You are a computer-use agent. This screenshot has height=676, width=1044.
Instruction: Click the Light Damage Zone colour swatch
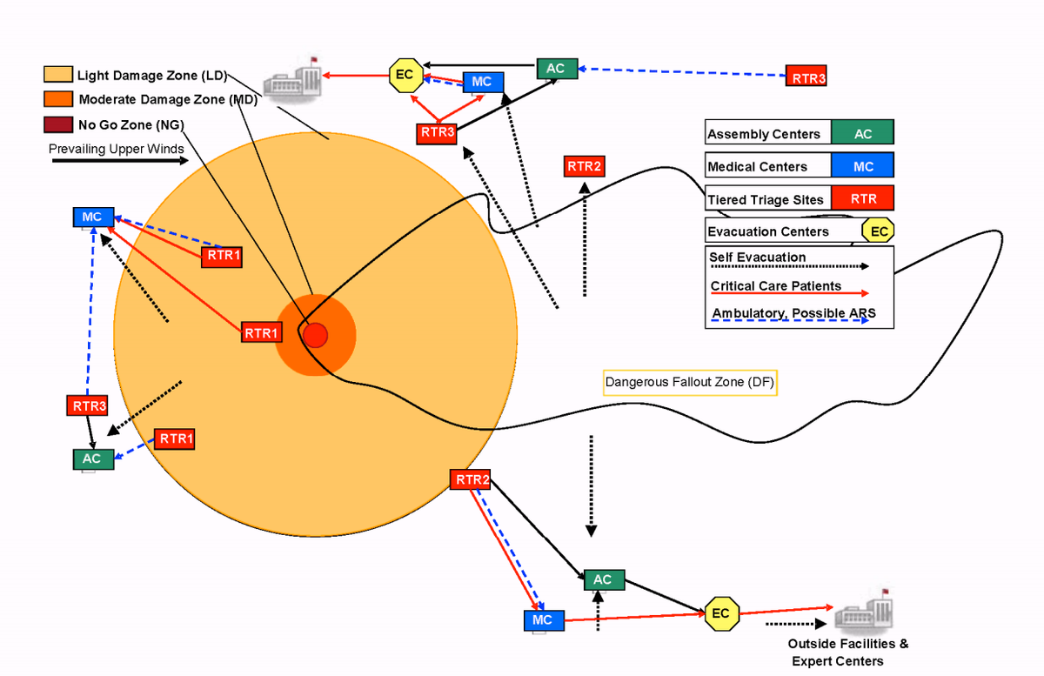click(58, 75)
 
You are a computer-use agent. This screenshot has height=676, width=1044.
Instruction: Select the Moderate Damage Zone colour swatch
click(58, 99)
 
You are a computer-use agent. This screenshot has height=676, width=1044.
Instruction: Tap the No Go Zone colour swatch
click(58, 124)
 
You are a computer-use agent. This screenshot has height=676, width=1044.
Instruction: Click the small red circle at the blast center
click(315, 334)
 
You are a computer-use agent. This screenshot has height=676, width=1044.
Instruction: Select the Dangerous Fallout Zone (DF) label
click(690, 383)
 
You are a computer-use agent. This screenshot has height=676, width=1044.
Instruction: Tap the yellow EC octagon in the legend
click(879, 231)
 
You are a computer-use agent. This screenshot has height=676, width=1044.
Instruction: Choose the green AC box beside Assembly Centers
click(862, 133)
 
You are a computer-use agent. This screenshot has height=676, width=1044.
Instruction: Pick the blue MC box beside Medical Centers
click(862, 166)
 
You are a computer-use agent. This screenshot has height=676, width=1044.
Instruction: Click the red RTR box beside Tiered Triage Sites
click(862, 199)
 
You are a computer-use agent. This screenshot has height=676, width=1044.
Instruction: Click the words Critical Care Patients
click(776, 286)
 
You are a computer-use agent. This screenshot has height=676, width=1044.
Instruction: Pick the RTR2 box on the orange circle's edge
click(471, 479)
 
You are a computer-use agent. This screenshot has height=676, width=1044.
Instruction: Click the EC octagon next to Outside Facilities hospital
click(720, 613)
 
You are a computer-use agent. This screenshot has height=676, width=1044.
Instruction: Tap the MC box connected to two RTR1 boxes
click(92, 217)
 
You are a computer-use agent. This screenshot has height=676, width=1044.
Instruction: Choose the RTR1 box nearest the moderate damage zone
click(261, 332)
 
